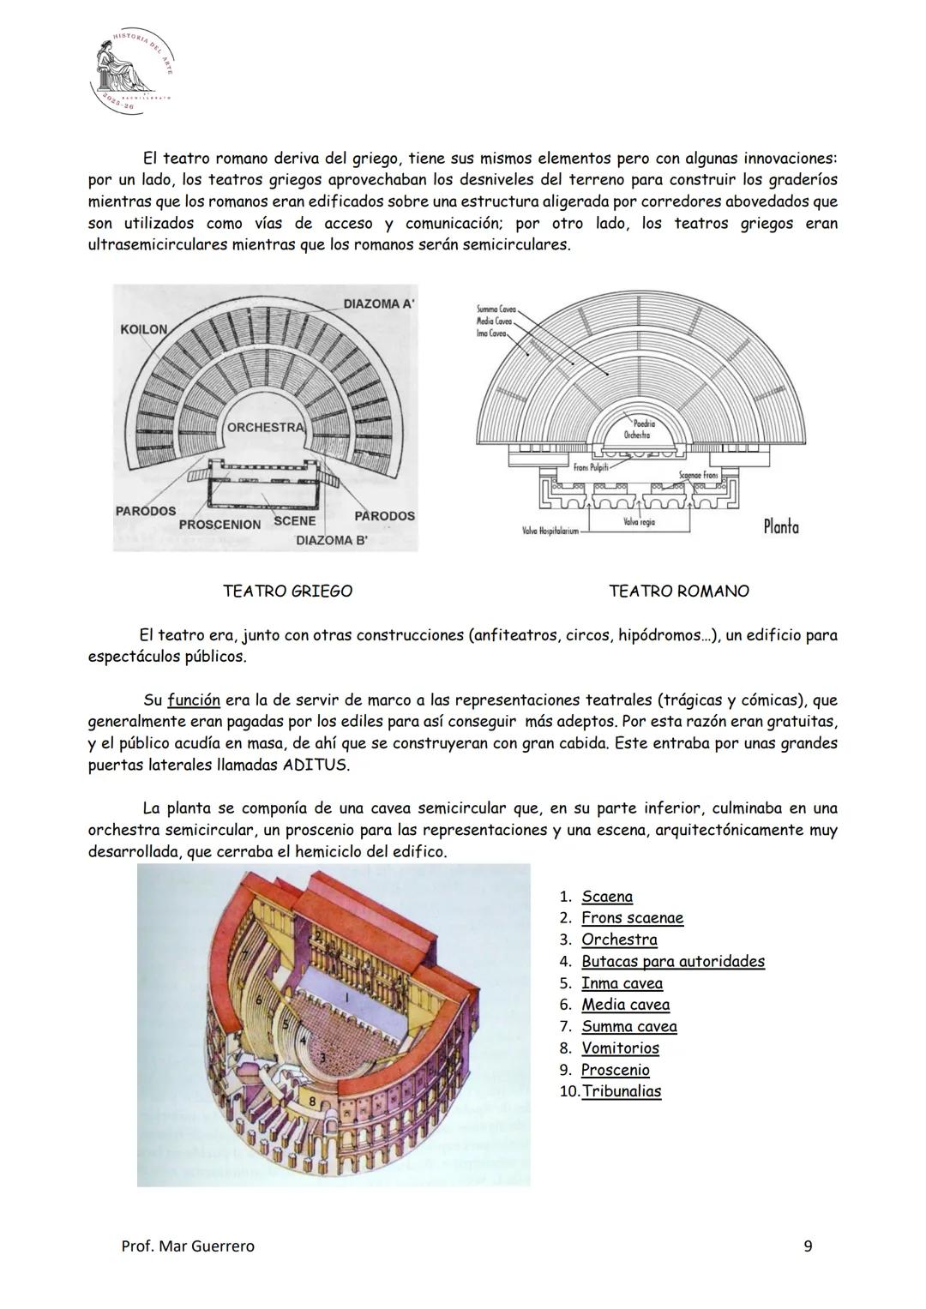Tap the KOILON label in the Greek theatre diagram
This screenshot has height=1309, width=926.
pyautogui.click(x=144, y=330)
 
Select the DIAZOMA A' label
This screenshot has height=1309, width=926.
pyautogui.click(x=378, y=304)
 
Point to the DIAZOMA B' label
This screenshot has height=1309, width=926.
pyautogui.click(x=330, y=540)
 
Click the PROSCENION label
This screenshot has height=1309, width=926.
pyautogui.click(x=219, y=524)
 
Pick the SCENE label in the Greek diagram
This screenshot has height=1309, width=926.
pyautogui.click(x=294, y=520)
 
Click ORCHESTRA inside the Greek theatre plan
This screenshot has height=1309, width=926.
pyautogui.click(x=265, y=427)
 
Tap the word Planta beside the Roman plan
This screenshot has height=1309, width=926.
pyautogui.click(x=780, y=526)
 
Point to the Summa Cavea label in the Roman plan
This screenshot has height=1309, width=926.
pyautogui.click(x=494, y=309)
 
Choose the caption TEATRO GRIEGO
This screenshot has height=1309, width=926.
pyautogui.click(x=287, y=591)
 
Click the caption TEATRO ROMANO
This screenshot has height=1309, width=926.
pyautogui.click(x=678, y=591)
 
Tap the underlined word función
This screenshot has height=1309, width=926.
pyautogui.click(x=193, y=700)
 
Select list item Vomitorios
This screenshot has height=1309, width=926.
pyautogui.click(x=620, y=1048)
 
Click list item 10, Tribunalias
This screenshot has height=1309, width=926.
pyautogui.click(x=621, y=1091)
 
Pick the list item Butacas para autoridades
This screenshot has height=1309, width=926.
pyautogui.click(x=672, y=961)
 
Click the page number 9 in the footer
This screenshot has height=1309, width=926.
pyautogui.click(x=808, y=1246)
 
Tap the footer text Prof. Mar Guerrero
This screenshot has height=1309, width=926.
pyautogui.click(x=188, y=1246)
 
